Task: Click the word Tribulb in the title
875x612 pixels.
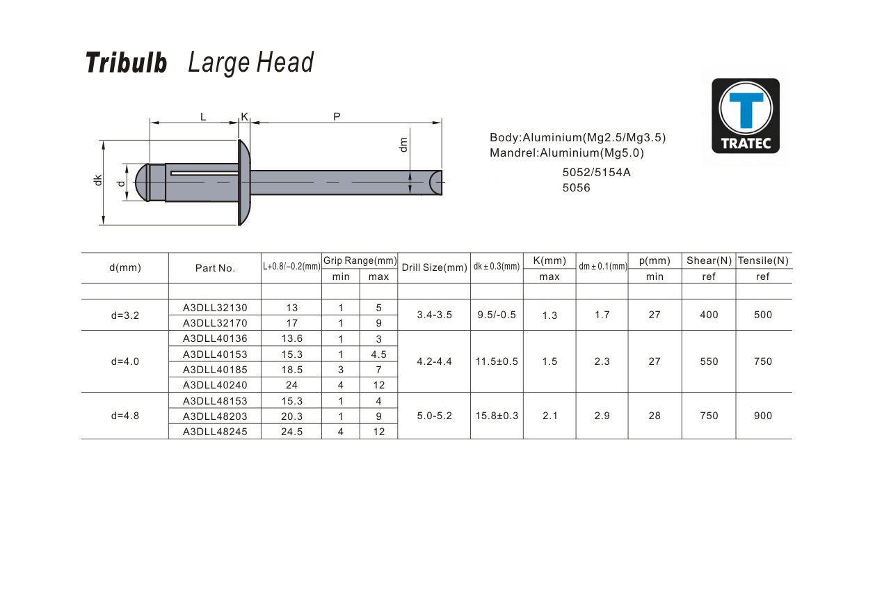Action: pyautogui.click(x=126, y=63)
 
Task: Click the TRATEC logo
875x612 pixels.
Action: pyautogui.click(x=746, y=116)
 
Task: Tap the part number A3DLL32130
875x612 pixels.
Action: pyautogui.click(x=215, y=308)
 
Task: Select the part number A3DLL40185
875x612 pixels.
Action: pyautogui.click(x=215, y=370)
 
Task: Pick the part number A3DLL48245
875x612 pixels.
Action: pyautogui.click(x=215, y=432)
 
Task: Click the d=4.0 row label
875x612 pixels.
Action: pyautogui.click(x=125, y=361)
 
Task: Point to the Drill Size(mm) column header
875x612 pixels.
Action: pyautogui.click(x=435, y=267)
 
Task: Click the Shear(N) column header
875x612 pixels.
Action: pyautogui.click(x=709, y=260)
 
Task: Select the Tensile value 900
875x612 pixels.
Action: pyautogui.click(x=763, y=416)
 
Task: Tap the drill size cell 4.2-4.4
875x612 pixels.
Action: pyautogui.click(x=435, y=361)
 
